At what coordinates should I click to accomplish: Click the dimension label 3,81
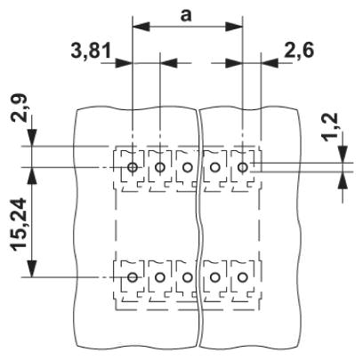pyautogui.click(x=91, y=51)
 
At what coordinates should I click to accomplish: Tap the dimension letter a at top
pyautogui.click(x=186, y=16)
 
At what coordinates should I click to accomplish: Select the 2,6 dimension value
pyautogui.click(x=299, y=51)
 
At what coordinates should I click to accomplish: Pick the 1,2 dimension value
pyautogui.click(x=330, y=128)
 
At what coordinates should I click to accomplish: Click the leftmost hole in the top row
pyautogui.click(x=133, y=167)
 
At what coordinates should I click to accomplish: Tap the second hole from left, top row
pyautogui.click(x=160, y=167)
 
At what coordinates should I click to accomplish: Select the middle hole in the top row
pyautogui.click(x=187, y=167)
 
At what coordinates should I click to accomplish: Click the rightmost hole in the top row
pyautogui.click(x=243, y=167)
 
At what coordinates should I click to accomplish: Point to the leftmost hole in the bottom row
pyautogui.click(x=133, y=277)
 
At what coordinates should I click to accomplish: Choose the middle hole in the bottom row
pyautogui.click(x=187, y=277)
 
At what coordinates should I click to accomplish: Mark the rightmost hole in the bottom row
pyautogui.click(x=243, y=277)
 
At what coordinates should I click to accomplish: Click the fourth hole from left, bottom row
pyautogui.click(x=214, y=277)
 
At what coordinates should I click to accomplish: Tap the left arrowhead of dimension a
pyautogui.click(x=140, y=27)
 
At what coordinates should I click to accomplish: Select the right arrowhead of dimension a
pyautogui.click(x=235, y=27)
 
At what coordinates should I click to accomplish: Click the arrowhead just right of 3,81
pyautogui.click(x=124, y=63)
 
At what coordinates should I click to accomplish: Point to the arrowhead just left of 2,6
pyautogui.click(x=269, y=63)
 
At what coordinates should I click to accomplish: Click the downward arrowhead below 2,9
pyautogui.click(x=32, y=138)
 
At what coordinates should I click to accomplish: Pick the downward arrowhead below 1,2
pyautogui.click(x=343, y=154)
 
